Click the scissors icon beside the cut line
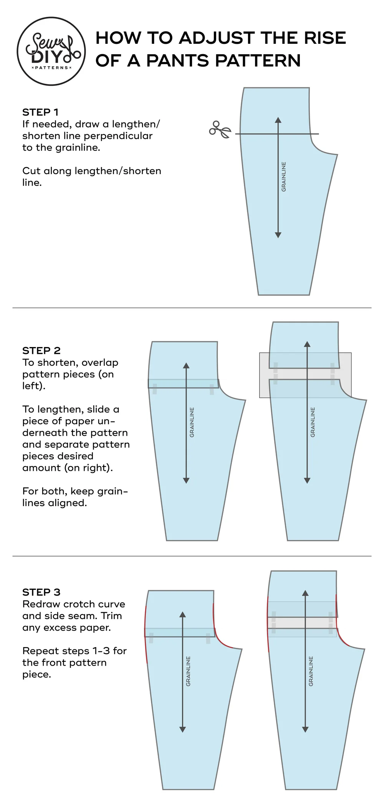click(x=220, y=130)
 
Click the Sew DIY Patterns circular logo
click(x=51, y=51)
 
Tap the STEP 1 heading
click(x=40, y=112)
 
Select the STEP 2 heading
click(x=41, y=350)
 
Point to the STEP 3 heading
click(x=41, y=592)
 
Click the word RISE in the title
click(x=325, y=38)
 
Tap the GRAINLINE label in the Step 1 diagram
click(x=284, y=177)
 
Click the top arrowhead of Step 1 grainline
click(x=278, y=120)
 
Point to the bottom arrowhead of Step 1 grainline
click(x=278, y=235)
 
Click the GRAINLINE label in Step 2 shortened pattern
click(x=192, y=422)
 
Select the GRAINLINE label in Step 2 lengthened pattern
click(x=313, y=422)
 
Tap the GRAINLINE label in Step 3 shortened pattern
click(x=188, y=671)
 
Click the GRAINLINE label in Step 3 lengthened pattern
click(x=311, y=671)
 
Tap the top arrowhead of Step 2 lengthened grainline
click(x=307, y=344)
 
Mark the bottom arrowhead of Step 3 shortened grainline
click(x=183, y=729)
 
